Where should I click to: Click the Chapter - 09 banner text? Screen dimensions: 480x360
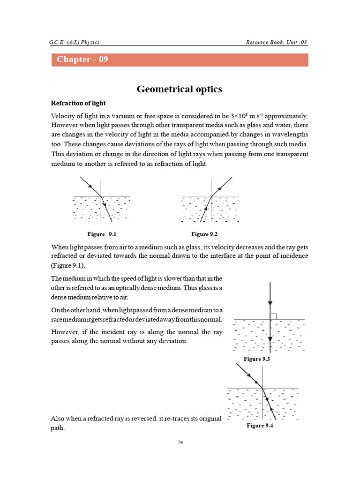click(82, 60)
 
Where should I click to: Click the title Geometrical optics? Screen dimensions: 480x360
click(180, 89)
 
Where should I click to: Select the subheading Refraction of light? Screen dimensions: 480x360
click(78, 103)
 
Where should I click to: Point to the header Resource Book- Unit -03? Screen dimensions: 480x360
click(276, 43)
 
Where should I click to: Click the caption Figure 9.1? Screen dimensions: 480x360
click(101, 233)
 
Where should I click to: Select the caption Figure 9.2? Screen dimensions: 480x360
click(205, 233)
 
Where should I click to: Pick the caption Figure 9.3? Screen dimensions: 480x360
click(257, 359)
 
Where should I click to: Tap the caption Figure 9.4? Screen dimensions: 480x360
click(260, 426)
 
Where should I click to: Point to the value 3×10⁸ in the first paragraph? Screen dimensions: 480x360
click(238, 116)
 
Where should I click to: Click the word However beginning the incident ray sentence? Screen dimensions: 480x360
click(65, 332)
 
